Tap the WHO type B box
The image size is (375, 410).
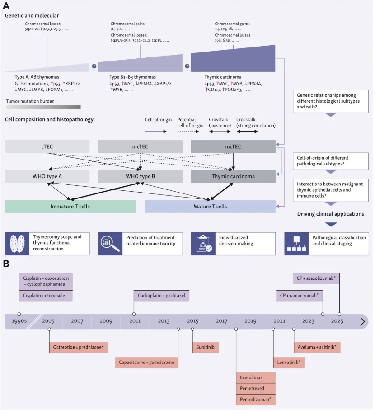(x=140, y=176)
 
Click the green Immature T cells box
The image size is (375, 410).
(x=70, y=206)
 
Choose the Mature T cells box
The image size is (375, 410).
(x=210, y=206)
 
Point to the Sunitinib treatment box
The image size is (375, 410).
(x=206, y=347)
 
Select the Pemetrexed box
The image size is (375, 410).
(x=256, y=388)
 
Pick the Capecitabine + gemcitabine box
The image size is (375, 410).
(x=146, y=362)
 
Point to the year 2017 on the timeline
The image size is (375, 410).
(x=221, y=321)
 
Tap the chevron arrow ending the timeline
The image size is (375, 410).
(x=362, y=321)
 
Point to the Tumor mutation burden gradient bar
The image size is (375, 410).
(x=43, y=107)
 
